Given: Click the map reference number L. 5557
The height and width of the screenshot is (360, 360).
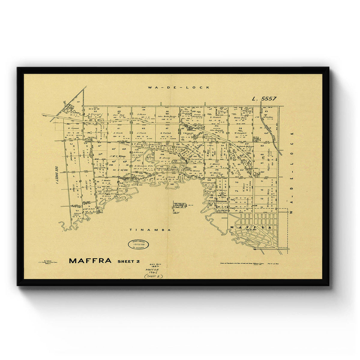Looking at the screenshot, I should coord(264,98).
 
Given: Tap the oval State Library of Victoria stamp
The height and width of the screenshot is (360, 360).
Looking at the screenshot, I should coord(138,244).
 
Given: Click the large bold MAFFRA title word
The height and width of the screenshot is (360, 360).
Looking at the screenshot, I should coord(90,261).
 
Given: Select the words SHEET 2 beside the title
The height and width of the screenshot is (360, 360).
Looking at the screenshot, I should coord(128,261).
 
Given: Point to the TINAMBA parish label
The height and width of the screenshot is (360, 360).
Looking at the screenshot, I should coord(150,230).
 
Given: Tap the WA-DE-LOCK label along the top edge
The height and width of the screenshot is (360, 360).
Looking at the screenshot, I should coord(179,87).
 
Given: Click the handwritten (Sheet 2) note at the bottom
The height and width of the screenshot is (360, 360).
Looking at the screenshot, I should coord(154,276).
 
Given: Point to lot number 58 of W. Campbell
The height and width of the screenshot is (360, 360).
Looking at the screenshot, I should coord(240,128).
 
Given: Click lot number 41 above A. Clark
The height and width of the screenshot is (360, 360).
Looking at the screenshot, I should coord(119,128).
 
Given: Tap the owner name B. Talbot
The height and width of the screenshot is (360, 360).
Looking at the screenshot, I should coord(165,133).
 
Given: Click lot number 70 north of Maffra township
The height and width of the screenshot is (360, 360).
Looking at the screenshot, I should coord(236,182).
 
